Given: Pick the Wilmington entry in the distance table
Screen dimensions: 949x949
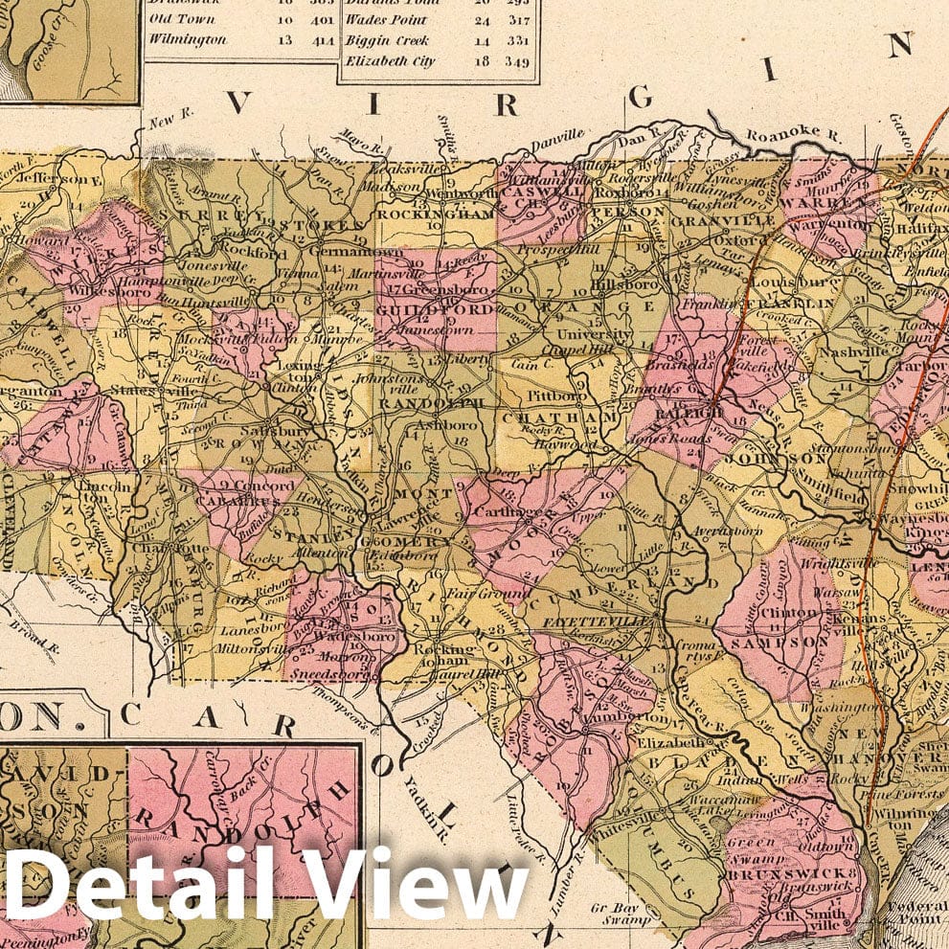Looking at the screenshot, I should [189, 40].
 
